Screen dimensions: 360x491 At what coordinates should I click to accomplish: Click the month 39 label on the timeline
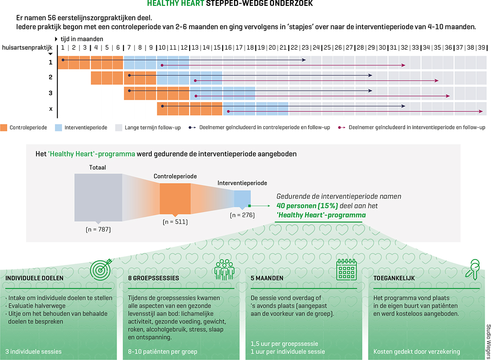(481, 47)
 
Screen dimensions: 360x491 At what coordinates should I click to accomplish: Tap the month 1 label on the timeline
(63, 47)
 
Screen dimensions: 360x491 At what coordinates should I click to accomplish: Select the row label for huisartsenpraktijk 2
(51, 77)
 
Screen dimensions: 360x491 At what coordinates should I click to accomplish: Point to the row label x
(51, 109)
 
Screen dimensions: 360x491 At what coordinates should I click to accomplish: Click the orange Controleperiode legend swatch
(4, 127)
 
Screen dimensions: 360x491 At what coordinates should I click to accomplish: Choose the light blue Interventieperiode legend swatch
(59, 127)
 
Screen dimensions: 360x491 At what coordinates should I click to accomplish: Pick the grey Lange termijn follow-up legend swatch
(119, 127)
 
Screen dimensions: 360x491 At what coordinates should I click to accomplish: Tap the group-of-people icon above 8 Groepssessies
(224, 269)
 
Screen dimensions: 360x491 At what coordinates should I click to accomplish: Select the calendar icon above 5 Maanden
(346, 269)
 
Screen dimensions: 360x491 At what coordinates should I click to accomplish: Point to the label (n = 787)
(98, 230)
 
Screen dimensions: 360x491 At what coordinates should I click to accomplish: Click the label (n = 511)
(175, 222)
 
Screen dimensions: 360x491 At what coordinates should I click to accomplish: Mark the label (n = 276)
(242, 215)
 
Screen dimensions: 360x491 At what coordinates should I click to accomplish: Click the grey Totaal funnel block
(98, 197)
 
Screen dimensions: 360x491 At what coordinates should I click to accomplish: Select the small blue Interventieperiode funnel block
(242, 198)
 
